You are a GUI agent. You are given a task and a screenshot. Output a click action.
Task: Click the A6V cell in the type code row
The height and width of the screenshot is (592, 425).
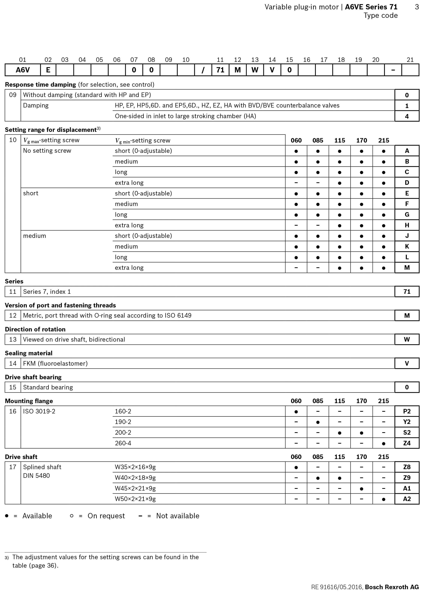click(x=23, y=70)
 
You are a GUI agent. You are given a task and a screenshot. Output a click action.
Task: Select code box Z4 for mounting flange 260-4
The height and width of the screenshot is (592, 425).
click(x=407, y=443)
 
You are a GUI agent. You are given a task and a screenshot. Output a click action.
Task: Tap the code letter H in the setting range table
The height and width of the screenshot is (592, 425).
click(x=407, y=225)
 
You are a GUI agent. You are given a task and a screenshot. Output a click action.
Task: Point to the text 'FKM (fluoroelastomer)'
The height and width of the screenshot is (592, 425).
click(x=55, y=363)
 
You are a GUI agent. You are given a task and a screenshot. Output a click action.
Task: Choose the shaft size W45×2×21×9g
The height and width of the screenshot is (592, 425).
click(x=135, y=488)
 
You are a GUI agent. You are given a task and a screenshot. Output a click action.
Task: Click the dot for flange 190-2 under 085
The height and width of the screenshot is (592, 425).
click(x=318, y=422)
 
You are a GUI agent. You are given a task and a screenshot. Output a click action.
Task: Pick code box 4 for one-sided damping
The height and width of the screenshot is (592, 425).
click(x=407, y=116)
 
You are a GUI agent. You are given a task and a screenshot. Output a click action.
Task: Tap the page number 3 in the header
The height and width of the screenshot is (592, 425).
click(x=417, y=7)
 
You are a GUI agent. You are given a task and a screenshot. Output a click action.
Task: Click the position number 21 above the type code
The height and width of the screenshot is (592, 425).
click(x=410, y=60)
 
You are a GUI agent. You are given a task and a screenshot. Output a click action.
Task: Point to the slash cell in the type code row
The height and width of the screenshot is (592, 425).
click(x=203, y=70)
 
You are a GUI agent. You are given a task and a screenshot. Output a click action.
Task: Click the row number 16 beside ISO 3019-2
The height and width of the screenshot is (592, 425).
click(x=13, y=411)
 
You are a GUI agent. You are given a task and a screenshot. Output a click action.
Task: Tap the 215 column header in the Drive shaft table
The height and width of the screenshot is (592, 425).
click(x=383, y=457)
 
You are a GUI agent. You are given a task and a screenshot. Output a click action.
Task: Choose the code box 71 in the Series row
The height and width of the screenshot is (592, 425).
click(x=407, y=291)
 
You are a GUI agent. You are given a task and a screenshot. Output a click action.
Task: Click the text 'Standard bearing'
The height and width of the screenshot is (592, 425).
click(x=48, y=387)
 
